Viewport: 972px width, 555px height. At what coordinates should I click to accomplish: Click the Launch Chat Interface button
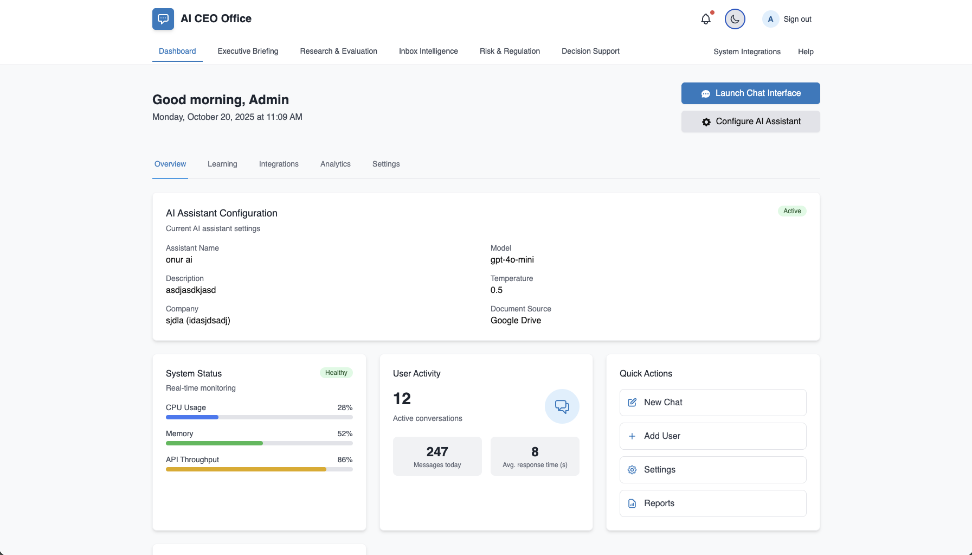750,93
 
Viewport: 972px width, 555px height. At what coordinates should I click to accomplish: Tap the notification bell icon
706,19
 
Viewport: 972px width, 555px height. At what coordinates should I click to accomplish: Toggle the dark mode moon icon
735,19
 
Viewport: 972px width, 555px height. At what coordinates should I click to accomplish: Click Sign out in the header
797,19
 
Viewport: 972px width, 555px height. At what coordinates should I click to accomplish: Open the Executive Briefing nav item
248,51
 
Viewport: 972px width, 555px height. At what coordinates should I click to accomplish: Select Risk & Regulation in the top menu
510,51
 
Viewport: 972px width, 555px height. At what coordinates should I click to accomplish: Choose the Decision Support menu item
590,51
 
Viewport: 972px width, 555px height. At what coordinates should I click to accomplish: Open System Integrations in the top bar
746,52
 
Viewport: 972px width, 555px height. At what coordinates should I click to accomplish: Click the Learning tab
222,164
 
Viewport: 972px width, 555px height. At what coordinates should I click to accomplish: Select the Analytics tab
335,164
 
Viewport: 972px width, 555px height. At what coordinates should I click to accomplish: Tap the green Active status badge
792,211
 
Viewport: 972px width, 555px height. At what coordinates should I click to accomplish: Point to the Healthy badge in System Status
336,373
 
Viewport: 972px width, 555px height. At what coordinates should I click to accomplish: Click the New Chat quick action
712,403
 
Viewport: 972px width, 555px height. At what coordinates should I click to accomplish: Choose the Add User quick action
712,436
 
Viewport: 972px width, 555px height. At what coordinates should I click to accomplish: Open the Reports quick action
712,503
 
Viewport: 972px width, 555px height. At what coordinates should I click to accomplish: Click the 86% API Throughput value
345,460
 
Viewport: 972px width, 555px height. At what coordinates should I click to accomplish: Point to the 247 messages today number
437,452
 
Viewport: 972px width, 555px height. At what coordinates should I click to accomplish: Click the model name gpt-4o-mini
512,260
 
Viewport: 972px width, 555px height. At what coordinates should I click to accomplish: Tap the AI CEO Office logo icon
163,19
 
